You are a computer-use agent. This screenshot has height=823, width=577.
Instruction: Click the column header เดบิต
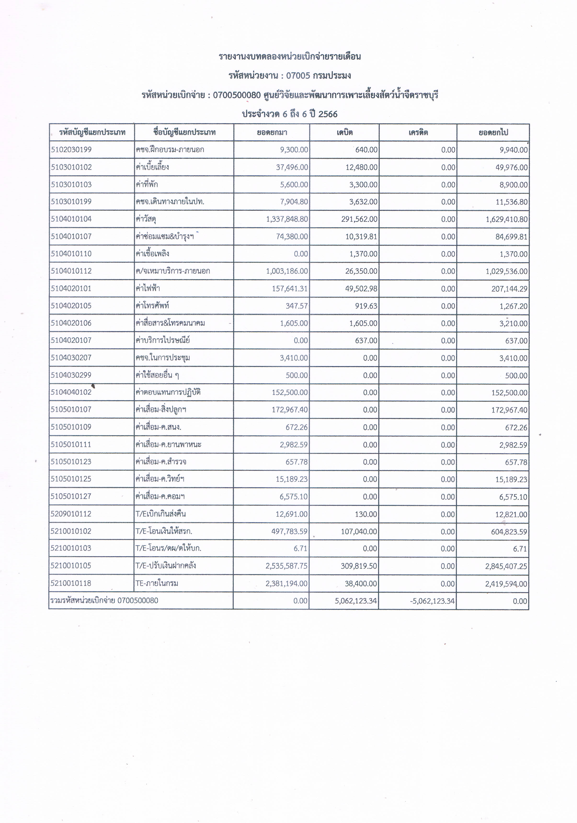tap(344, 132)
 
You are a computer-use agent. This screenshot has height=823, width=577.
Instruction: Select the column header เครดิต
tap(418, 132)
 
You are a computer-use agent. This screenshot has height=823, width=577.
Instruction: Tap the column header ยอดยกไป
tap(493, 132)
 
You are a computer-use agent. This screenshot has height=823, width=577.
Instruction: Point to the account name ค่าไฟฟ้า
tap(148, 288)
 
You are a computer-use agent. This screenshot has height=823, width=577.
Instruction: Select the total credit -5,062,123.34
tap(433, 601)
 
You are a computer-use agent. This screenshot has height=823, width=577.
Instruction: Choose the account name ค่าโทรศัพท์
tap(152, 305)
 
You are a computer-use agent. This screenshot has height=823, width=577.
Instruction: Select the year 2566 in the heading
tap(328, 114)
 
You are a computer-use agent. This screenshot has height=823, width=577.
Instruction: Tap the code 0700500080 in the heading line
tap(237, 95)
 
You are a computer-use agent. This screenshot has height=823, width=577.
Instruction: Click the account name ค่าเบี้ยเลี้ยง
tap(152, 167)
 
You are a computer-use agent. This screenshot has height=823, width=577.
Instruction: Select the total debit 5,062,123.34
tap(356, 601)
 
